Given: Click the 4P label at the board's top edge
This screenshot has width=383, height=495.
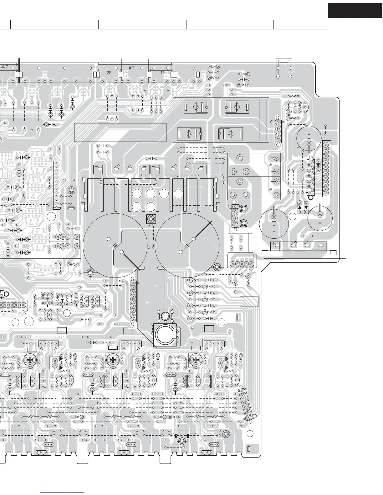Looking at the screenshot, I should (x=5, y=67).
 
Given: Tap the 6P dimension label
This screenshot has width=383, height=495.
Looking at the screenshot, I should (x=131, y=67).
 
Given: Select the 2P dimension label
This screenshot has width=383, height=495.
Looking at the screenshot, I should (x=109, y=72).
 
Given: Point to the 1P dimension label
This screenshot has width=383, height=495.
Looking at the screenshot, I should (x=162, y=72).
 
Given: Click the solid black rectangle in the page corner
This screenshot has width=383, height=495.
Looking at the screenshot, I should (x=355, y=10).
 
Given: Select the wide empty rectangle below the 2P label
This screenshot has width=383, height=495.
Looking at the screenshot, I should (x=120, y=132).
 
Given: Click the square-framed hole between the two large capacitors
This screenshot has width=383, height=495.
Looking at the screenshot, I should (x=151, y=219).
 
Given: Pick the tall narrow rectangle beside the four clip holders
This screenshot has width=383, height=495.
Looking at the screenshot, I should (x=263, y=120).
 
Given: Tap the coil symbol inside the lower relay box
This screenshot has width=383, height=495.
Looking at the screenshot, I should (x=270, y=188).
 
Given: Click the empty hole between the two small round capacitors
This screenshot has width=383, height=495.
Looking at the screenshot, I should (x=293, y=217).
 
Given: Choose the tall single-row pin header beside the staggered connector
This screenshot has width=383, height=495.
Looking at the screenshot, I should (x=326, y=169).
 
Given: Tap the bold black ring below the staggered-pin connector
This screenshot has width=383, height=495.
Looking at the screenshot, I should (x=311, y=197).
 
